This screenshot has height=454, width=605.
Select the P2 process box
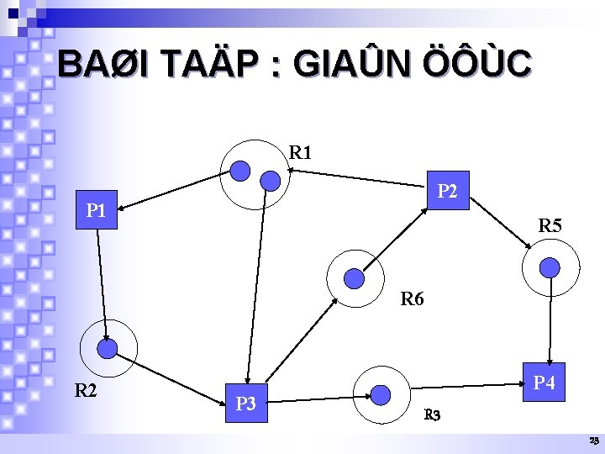[x=447, y=193]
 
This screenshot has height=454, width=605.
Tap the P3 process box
[x=246, y=404]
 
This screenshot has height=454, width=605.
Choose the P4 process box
[x=544, y=383]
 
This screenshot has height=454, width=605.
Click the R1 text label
[x=301, y=153]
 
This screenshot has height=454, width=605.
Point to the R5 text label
[x=551, y=225]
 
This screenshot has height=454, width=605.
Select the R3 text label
[x=433, y=414]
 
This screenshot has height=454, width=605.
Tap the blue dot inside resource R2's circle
[x=108, y=348]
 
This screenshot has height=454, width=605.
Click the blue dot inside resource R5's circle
[x=550, y=267]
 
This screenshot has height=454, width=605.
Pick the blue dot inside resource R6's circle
[x=355, y=277]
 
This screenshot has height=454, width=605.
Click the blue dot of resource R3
[x=381, y=394]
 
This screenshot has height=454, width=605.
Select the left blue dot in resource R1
[x=241, y=171]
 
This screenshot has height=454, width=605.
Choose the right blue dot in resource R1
[x=271, y=180]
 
